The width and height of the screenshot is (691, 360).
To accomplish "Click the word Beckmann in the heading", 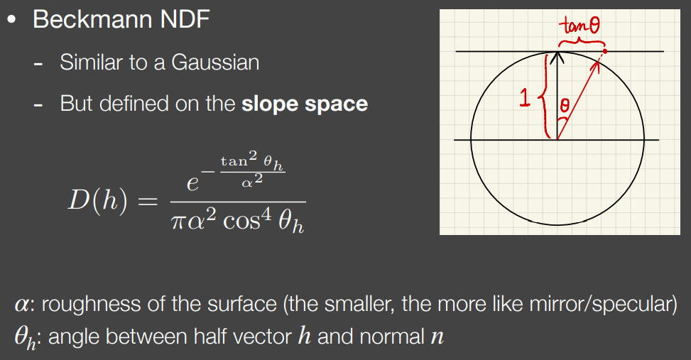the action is [x=93, y=19].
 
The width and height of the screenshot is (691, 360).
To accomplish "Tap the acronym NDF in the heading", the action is [x=185, y=19].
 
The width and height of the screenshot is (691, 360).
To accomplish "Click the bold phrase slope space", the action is [x=305, y=104].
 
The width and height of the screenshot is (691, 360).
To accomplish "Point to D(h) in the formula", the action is [x=98, y=200].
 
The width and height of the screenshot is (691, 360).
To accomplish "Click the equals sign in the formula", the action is [x=148, y=202].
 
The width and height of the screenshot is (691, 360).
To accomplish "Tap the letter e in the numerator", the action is [x=192, y=183].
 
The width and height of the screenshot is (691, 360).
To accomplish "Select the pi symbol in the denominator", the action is [x=178, y=221].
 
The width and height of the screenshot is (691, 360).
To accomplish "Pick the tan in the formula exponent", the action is [x=234, y=161].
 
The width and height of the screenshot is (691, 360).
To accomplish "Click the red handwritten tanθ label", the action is [x=579, y=25].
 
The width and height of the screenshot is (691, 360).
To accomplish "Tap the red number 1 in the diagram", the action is [x=524, y=98].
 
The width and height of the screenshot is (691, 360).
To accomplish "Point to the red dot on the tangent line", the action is [x=605, y=51].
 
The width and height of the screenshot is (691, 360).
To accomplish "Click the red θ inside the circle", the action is [x=565, y=105].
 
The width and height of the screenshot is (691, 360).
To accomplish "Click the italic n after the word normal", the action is [x=437, y=337].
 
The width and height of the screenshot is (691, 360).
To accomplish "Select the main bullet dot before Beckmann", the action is [x=12, y=19].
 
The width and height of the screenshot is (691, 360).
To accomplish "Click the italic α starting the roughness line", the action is [x=21, y=305].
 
